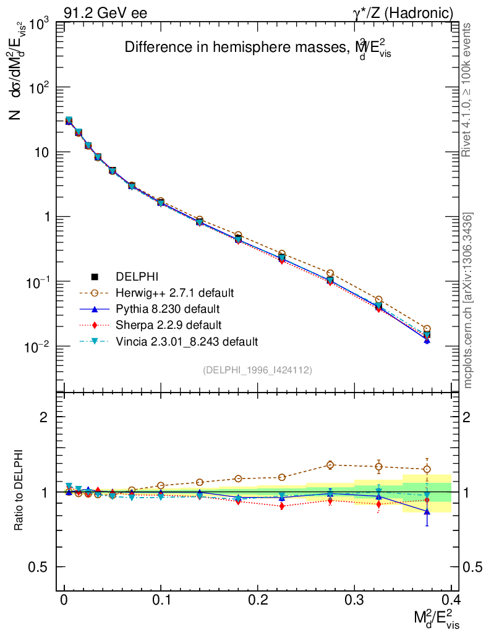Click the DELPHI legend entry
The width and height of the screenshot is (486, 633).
(x=132, y=276)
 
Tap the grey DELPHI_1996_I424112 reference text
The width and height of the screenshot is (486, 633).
(x=257, y=370)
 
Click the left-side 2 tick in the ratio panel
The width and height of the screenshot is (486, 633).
(x=44, y=417)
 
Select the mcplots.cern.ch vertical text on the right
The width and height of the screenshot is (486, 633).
(x=469, y=300)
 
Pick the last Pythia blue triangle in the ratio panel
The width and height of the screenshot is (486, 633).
(x=427, y=511)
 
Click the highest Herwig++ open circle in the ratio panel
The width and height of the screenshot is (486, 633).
(x=330, y=465)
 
